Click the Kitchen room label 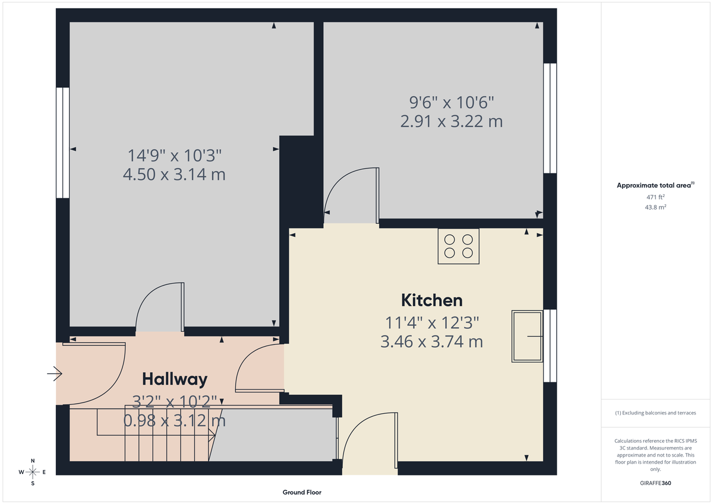click(x=431, y=300)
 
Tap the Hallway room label click(x=175, y=379)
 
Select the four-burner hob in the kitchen click(x=459, y=246)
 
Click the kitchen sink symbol click(x=527, y=336)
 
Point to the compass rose click(x=33, y=472)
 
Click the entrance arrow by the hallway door click(x=55, y=373)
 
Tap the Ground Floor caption click(x=302, y=492)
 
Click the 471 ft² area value click(x=655, y=196)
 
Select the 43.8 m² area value click(x=655, y=207)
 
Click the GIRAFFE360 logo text click(x=655, y=483)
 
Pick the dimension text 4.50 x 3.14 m click(x=174, y=175)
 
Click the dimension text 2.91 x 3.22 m click(x=452, y=122)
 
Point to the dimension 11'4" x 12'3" click(x=431, y=322)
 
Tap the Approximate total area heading click(x=655, y=185)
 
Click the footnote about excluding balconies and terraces click(x=655, y=413)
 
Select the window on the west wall click(x=62, y=142)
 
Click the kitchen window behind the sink click(x=550, y=345)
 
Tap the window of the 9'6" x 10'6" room click(x=550, y=118)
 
